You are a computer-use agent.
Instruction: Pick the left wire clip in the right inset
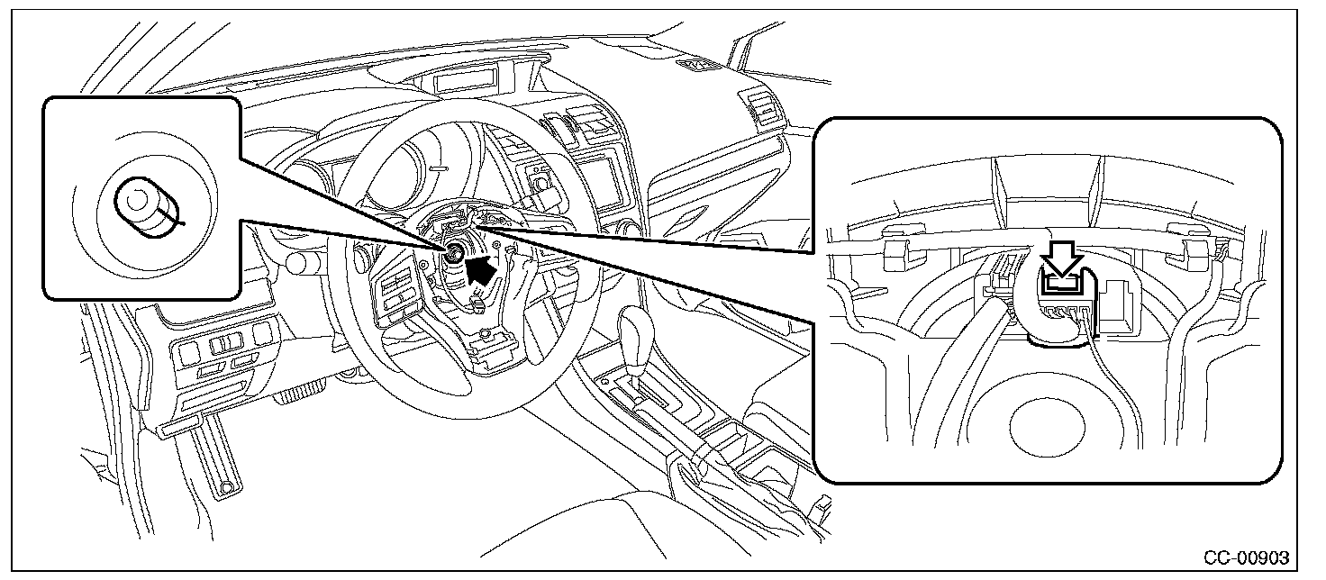898,253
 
